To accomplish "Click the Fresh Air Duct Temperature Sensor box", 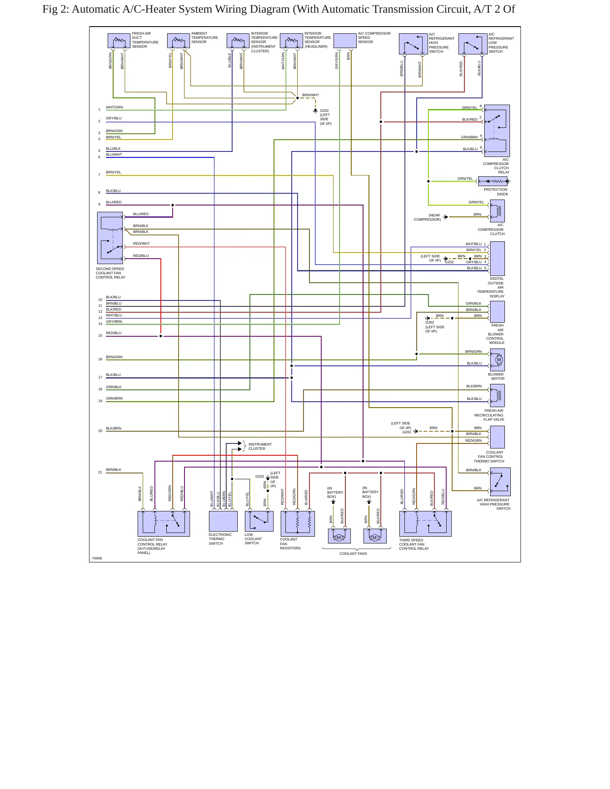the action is (119, 41).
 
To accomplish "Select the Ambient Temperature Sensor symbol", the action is (179, 41).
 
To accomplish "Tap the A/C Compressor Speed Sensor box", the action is (345, 41).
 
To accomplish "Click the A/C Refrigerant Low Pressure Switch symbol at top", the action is (473, 44).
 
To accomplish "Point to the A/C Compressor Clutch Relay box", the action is (497, 131).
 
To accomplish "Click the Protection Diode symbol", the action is (494, 181).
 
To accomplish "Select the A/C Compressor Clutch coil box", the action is (497, 211).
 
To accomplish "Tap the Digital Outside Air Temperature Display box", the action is (497, 259).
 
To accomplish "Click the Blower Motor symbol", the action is (497, 360).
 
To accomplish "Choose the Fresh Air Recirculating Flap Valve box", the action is (497, 396).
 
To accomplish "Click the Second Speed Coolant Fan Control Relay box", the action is (110, 238).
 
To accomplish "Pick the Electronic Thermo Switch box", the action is (223, 521).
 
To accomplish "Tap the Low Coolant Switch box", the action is (259, 521).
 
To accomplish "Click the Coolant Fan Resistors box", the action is (298, 524).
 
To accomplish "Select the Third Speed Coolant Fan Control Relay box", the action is (426, 524).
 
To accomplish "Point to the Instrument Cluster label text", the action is (260, 446).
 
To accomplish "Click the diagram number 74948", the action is (97, 558).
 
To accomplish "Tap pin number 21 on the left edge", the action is (100, 472).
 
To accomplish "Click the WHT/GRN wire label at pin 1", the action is (114, 107).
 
